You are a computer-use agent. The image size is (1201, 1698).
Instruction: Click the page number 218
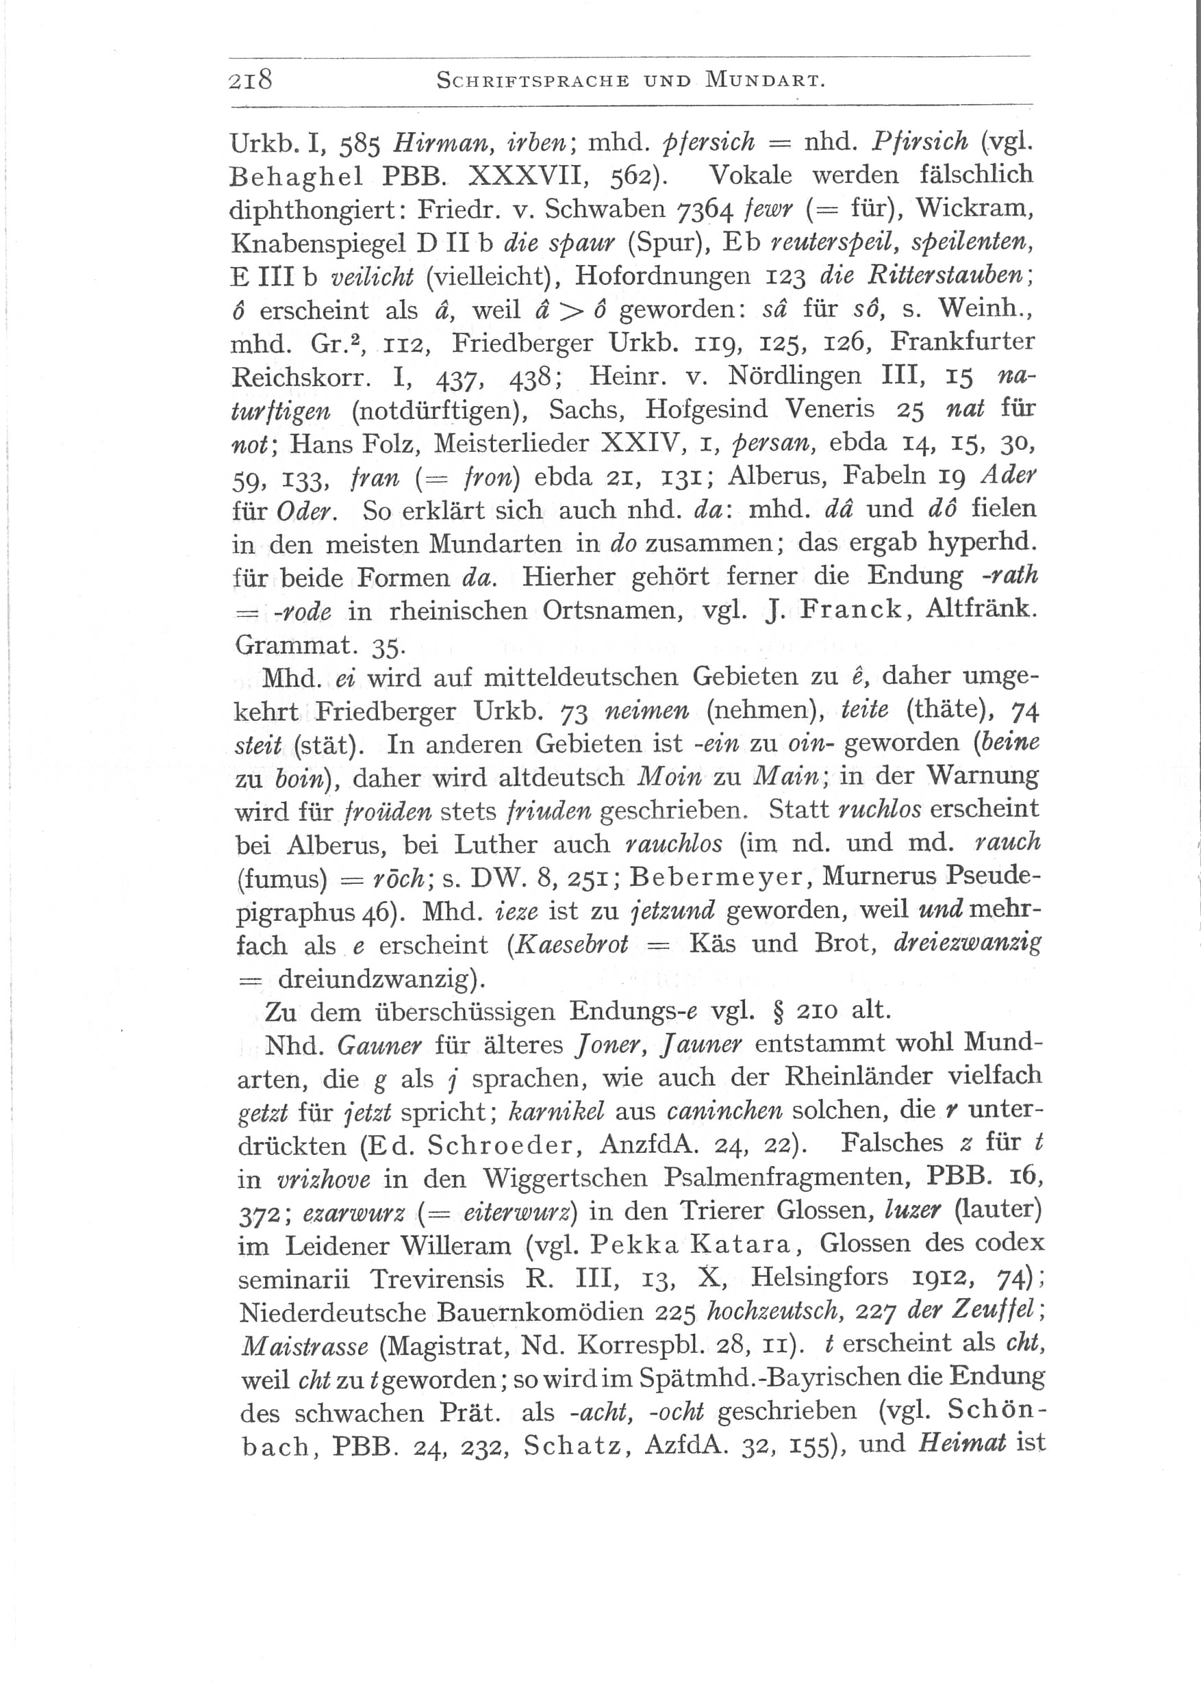click(x=251, y=79)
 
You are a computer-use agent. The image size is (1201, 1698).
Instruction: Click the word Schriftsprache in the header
click(x=532, y=81)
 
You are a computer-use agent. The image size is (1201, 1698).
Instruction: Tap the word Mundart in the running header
click(x=765, y=81)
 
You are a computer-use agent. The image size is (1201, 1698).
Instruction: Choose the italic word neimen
click(x=647, y=711)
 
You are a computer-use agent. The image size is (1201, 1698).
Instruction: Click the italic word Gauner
click(x=378, y=1046)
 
